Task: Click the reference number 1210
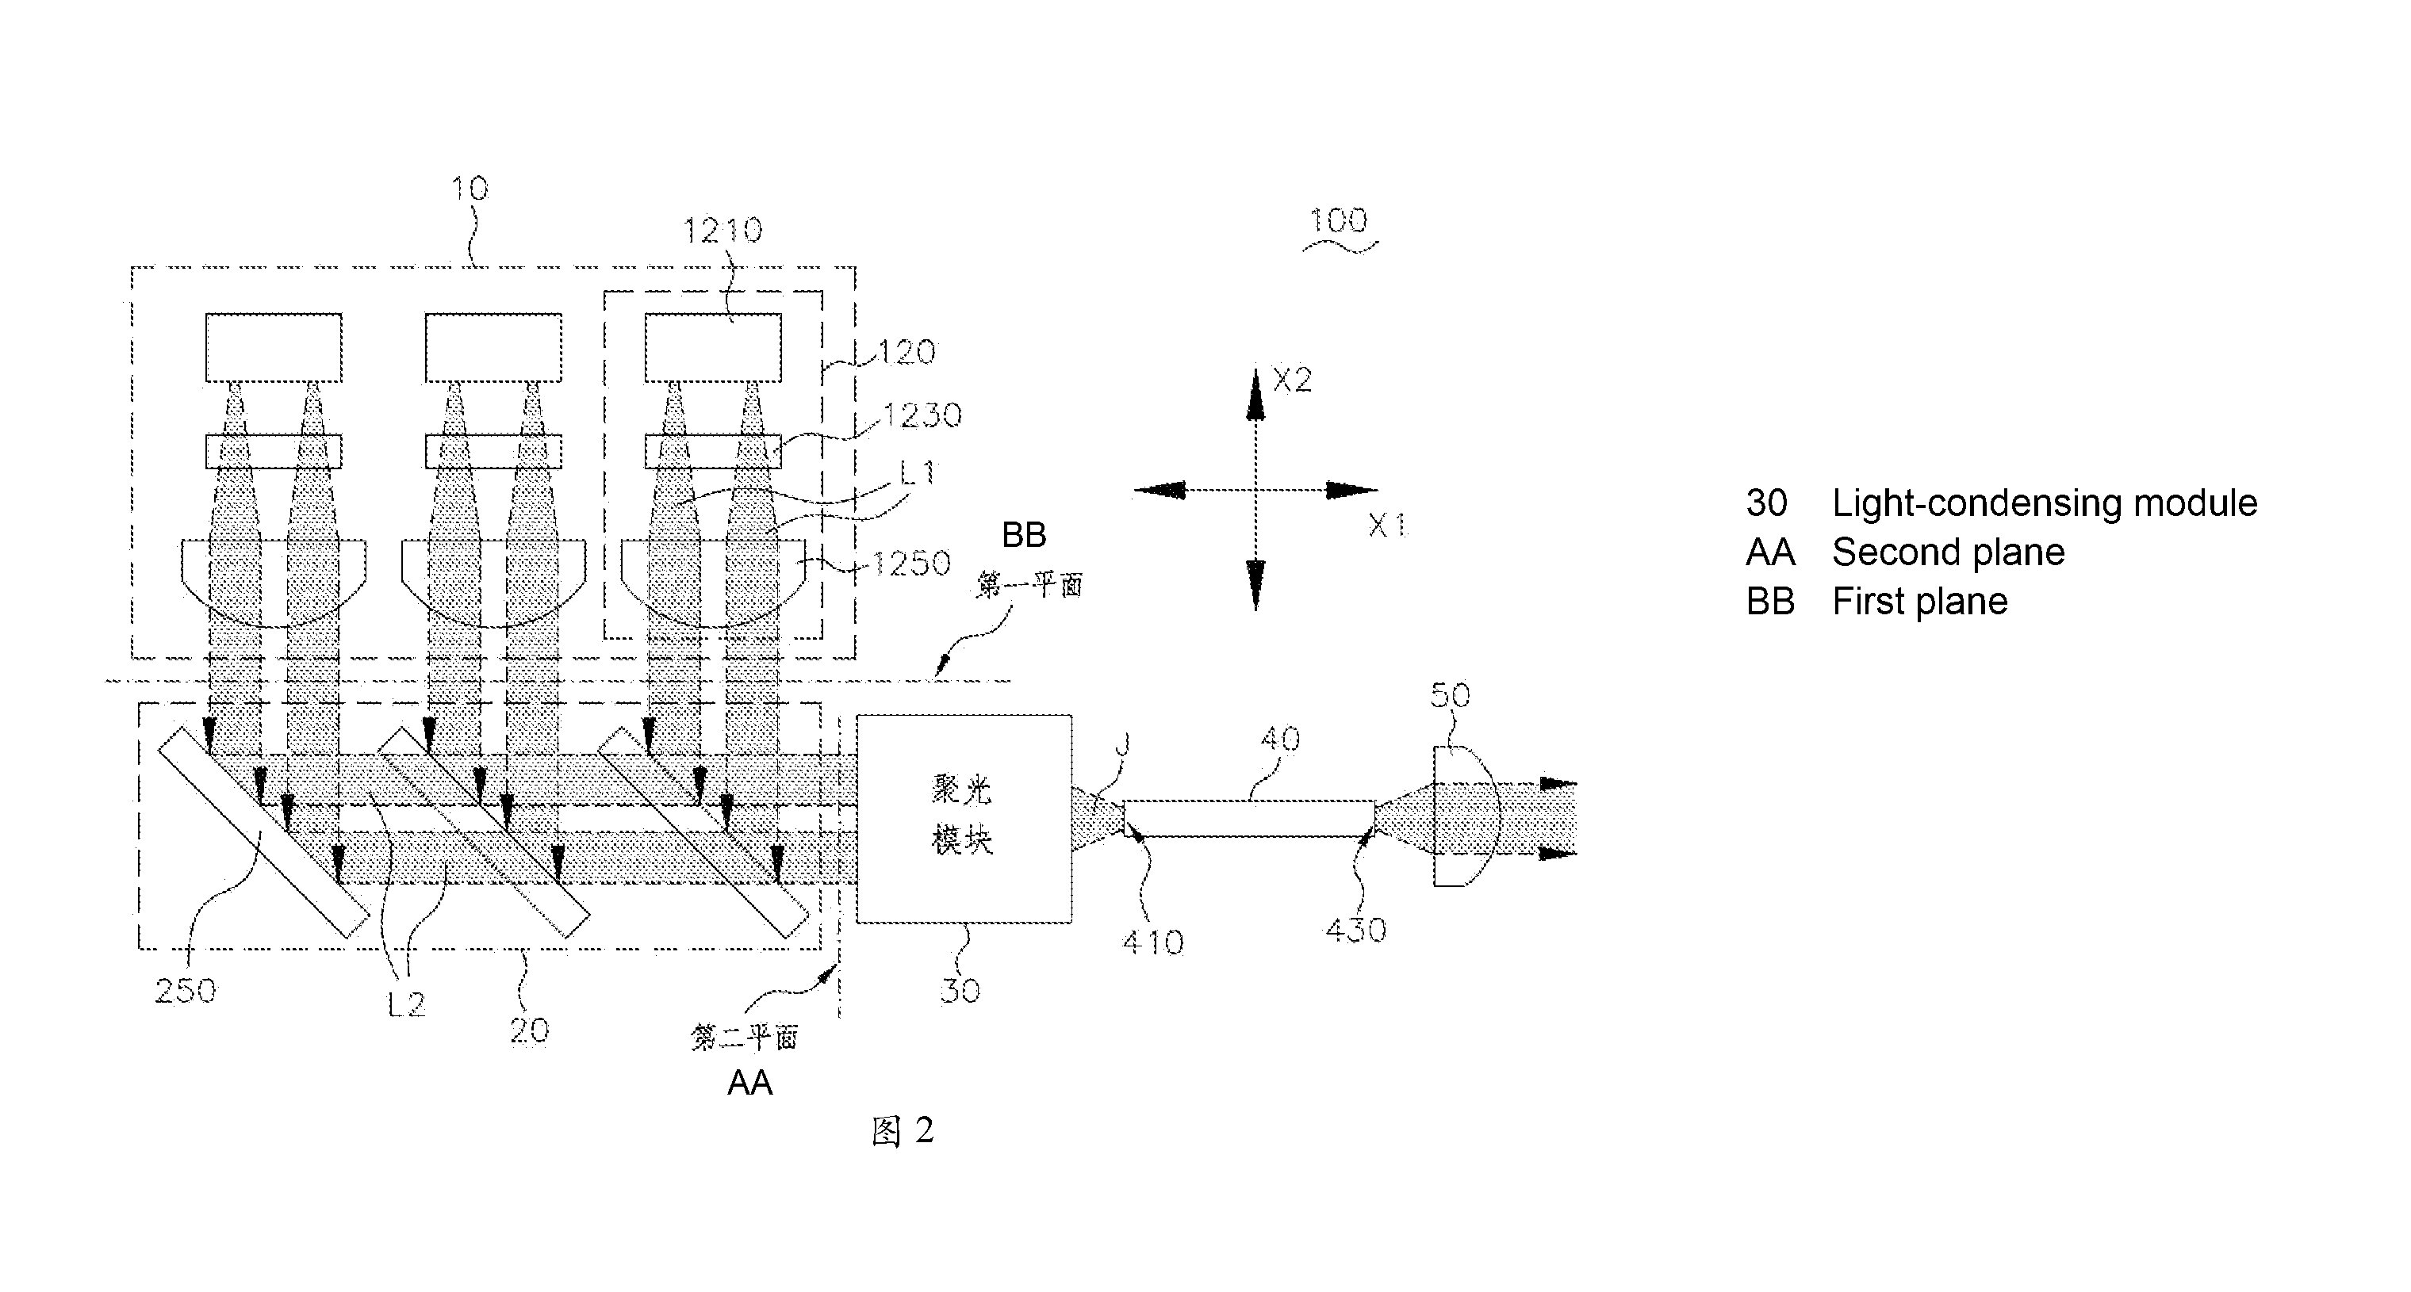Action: coord(723,230)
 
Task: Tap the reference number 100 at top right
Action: coord(1339,221)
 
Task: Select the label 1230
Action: coord(922,415)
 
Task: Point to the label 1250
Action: coord(911,564)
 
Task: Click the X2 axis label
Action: coord(1293,380)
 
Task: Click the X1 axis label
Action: coord(1388,526)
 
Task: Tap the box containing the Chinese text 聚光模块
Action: coord(964,819)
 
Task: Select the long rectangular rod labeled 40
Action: coord(1249,819)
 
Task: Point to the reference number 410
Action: coord(1153,942)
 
